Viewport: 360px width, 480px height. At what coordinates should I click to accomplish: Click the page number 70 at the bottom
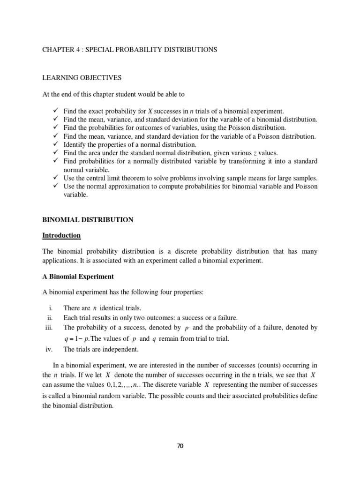click(x=180, y=446)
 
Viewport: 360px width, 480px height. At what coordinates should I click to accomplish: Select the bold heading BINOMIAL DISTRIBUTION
click(x=88, y=219)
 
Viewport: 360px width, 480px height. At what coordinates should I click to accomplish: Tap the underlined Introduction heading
click(x=61, y=235)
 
